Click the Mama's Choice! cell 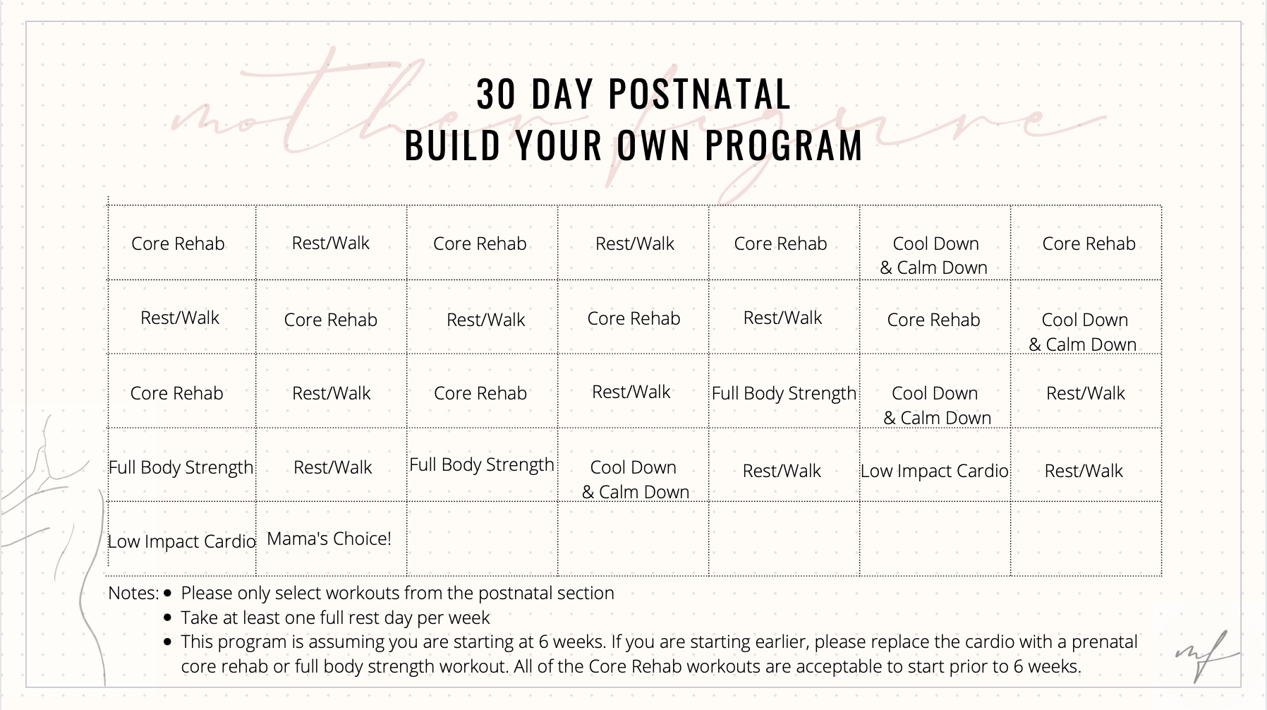329,539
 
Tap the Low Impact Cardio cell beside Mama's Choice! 181,541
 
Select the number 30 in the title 496,94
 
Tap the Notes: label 133,593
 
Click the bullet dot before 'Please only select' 167,593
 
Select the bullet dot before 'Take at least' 167,618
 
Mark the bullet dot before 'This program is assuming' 167,642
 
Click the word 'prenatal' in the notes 1104,642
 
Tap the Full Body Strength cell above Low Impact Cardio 181,467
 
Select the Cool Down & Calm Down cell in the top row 935,255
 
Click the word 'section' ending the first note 586,593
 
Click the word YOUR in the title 558,145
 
